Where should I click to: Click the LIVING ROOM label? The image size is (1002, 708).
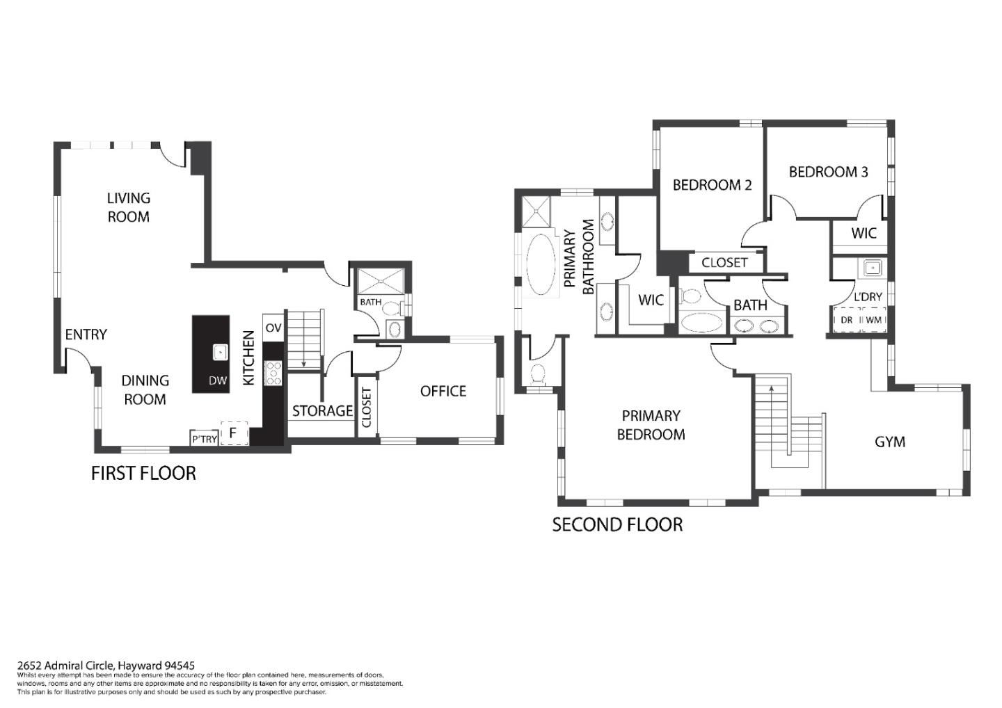128,207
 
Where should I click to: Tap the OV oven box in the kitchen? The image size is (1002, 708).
273,328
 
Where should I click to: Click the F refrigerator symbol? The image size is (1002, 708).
234,433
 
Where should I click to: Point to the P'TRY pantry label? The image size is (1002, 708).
204,439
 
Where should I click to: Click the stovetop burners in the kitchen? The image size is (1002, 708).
273,373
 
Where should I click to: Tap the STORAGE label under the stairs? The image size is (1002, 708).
322,410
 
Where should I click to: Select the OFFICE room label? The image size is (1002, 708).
443,391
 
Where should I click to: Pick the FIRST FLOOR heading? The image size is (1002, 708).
143,473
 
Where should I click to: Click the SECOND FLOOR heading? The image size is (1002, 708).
617,524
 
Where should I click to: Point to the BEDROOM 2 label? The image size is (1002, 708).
711,185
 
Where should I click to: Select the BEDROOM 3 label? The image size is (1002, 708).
828,172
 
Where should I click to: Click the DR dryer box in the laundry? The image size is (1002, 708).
847,320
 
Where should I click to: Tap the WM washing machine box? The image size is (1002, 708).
873,320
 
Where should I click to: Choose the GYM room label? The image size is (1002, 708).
889,442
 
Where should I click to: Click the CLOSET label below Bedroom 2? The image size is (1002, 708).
724,263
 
